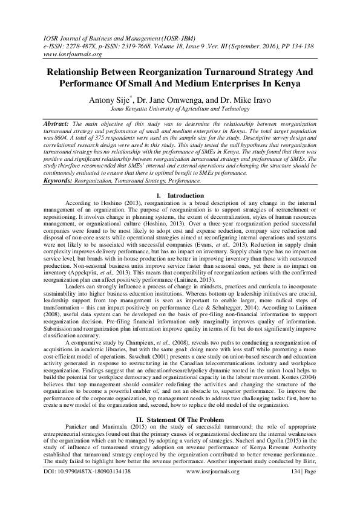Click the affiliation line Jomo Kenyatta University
[x=180, y=109]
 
